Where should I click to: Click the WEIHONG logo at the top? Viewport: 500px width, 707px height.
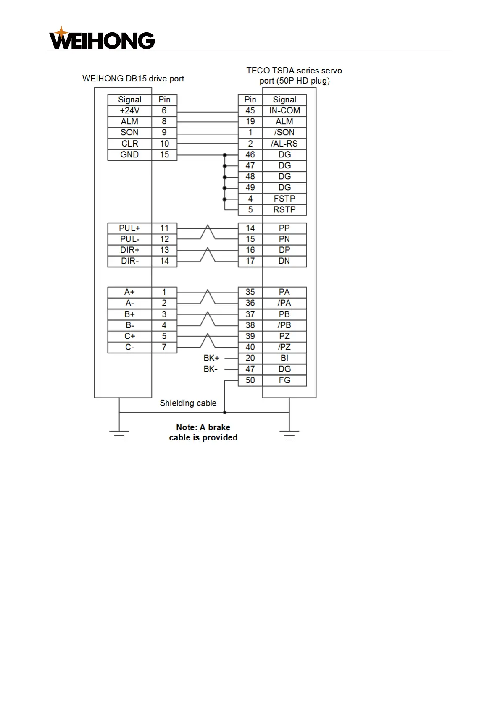point(102,39)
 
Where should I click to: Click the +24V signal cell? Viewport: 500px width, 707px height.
point(129,110)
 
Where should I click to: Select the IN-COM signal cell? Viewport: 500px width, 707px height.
point(284,110)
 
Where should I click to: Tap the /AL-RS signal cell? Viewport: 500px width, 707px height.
point(284,144)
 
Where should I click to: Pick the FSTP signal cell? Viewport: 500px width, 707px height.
point(284,199)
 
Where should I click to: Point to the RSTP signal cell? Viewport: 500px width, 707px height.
point(284,209)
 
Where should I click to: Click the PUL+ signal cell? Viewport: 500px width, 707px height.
point(129,228)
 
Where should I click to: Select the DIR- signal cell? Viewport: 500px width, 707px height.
point(129,261)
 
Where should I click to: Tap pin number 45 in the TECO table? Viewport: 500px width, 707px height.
point(250,110)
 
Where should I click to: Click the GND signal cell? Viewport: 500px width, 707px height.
point(129,154)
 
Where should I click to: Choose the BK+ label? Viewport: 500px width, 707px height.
point(211,358)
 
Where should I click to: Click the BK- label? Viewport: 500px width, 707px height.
point(211,369)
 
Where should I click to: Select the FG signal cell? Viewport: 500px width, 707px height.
point(284,380)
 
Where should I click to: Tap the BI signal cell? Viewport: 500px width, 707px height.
point(284,358)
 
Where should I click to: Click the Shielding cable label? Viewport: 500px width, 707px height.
point(188,403)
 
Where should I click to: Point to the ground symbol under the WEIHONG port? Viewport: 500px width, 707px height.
point(119,435)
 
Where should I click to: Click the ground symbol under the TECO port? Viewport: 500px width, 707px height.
point(289,435)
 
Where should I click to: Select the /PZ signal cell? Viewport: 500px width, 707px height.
point(284,347)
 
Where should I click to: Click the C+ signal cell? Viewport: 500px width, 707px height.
point(129,336)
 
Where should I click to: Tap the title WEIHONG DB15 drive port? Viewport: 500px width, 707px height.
point(133,79)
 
